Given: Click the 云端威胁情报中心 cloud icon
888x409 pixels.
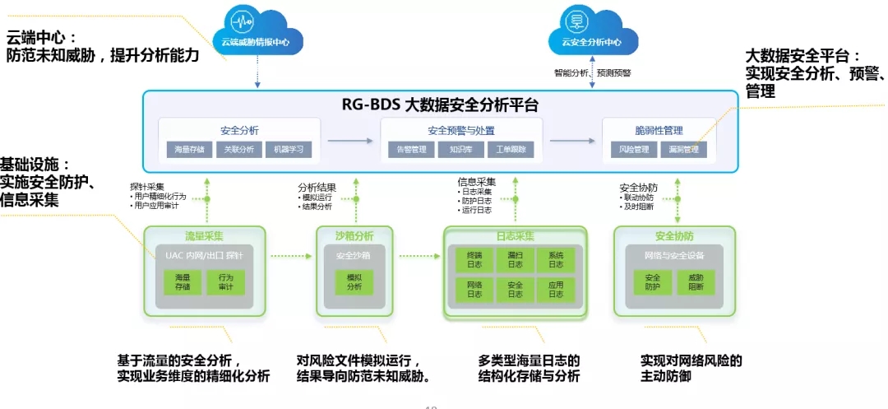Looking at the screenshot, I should coord(257,30).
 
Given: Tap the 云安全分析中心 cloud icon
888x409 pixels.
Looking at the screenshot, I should coord(591,30).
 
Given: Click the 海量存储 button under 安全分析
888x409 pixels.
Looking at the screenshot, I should coord(190,150).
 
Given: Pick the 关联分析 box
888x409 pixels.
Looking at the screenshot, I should coord(239,150).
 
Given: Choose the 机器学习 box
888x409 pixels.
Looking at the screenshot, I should coord(288,150).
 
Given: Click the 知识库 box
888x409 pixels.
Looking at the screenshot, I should coord(461,150).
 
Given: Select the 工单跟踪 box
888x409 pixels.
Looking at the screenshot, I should coord(511,150).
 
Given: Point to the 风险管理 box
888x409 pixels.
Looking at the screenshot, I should coord(634,150).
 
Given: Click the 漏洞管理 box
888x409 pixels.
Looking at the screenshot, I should coord(683,150).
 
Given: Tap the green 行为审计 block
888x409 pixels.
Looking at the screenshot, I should coord(225,282).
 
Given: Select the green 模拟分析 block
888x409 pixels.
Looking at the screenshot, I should coord(354,282).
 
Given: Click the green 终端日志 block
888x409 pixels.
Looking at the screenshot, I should coord(475,260).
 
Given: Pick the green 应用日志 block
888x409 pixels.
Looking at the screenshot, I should coord(556,288).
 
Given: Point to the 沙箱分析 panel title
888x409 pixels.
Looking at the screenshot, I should coord(354,236).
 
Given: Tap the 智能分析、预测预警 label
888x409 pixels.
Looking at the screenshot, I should coord(593,72).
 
